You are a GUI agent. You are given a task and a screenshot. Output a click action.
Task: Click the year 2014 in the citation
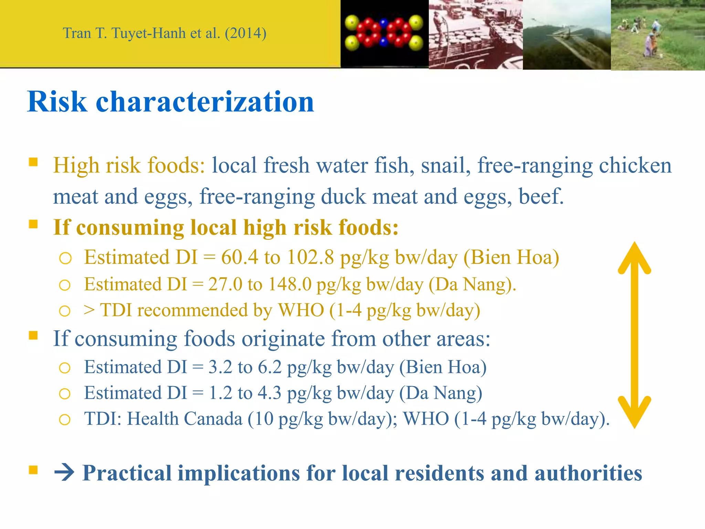245,33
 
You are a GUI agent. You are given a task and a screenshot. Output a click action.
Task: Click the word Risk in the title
57,102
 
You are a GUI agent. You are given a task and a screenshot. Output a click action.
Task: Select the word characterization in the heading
205,102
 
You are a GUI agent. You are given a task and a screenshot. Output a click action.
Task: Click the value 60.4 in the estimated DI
240,257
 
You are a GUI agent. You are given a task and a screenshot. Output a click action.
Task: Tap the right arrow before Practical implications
64,473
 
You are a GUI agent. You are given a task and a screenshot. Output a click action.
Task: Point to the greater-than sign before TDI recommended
89,310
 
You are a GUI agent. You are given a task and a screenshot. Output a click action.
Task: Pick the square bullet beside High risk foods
33,162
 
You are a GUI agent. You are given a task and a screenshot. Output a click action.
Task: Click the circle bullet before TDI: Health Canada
65,419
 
